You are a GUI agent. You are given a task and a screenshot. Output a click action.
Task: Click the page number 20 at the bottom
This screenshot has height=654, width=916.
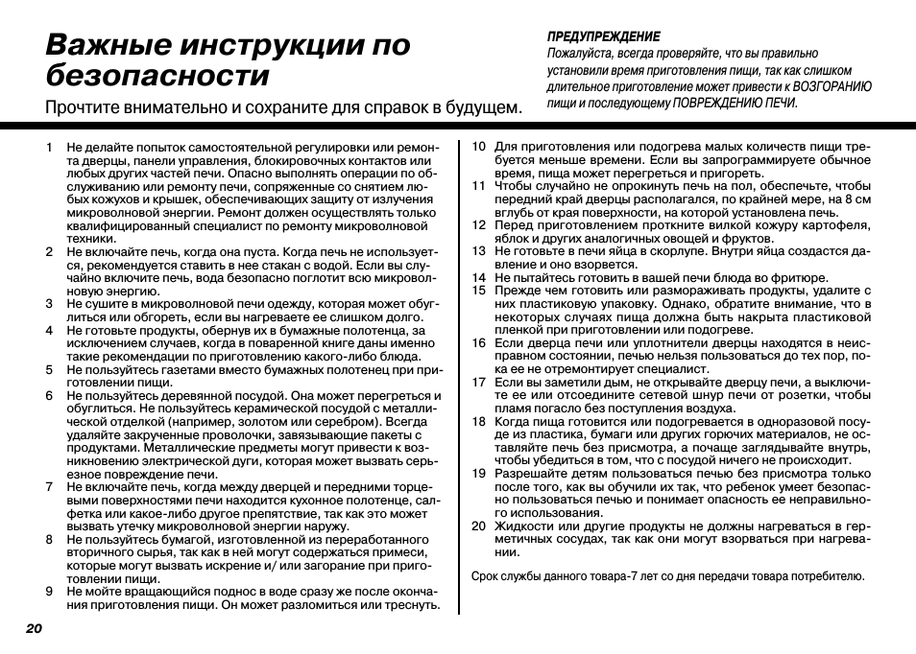[x=34, y=628]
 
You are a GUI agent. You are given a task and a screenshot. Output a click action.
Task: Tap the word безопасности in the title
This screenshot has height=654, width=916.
[x=157, y=75]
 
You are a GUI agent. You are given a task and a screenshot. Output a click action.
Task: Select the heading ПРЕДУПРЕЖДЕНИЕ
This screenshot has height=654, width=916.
[x=603, y=36]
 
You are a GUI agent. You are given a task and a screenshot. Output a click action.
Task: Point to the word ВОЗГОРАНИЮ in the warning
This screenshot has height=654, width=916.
[x=833, y=86]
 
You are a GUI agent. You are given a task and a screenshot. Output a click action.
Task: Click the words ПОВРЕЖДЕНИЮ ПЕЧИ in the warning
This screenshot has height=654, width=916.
[x=735, y=103]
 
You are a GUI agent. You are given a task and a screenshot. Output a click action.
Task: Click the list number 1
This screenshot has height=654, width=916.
[x=48, y=148]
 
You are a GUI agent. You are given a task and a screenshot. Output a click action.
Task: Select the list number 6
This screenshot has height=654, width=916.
[x=48, y=395]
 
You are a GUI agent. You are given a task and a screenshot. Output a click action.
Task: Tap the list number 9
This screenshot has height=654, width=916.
[x=48, y=592]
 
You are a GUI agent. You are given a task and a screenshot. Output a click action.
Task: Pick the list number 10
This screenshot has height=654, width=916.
[x=477, y=147]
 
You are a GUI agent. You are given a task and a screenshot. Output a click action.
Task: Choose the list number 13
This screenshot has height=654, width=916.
[x=477, y=251]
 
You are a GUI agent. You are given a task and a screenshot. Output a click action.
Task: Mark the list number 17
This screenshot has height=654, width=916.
[x=477, y=382]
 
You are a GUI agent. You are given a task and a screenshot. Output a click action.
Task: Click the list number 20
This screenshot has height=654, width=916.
[x=477, y=526]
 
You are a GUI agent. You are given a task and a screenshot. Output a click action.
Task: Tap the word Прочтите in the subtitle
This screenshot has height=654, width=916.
[x=84, y=107]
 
